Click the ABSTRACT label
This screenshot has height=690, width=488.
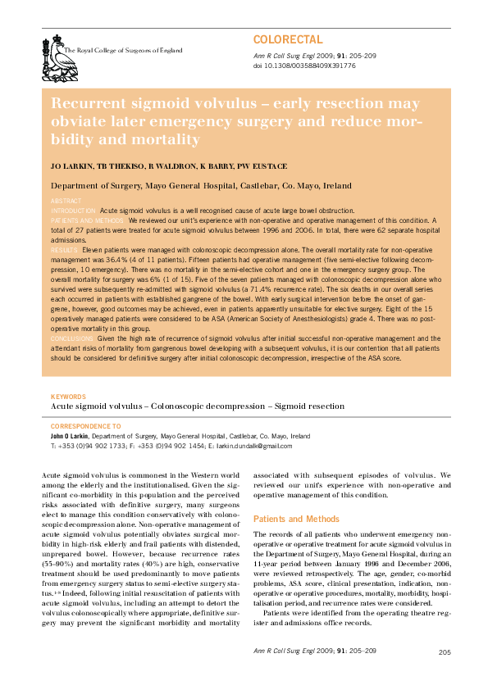click(66, 201)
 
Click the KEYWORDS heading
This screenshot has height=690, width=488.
click(69, 397)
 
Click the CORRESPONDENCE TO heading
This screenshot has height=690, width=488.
click(85, 426)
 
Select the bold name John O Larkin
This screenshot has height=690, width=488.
click(70, 436)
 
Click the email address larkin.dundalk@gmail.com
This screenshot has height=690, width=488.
click(253, 445)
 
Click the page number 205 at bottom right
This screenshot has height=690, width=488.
click(445, 652)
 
